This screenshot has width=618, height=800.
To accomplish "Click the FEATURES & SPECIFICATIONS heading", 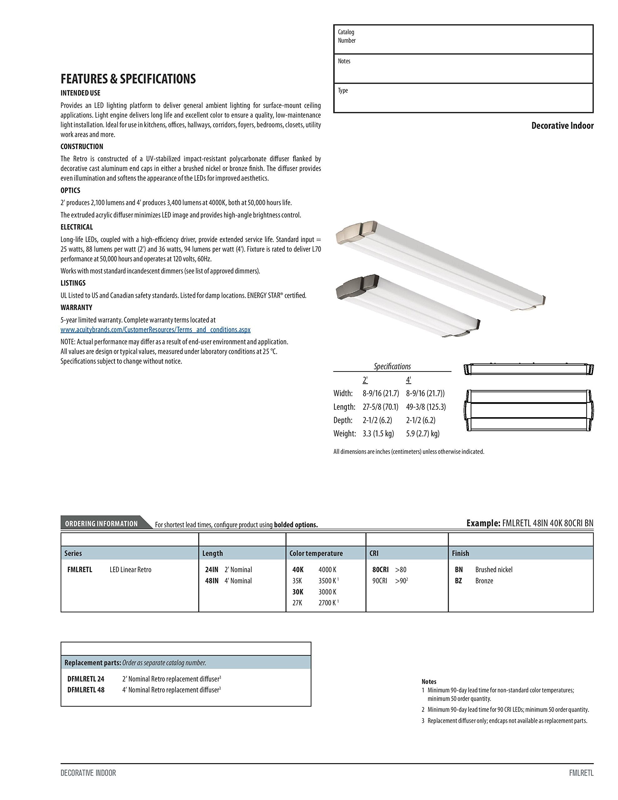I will pyautogui.click(x=128, y=79).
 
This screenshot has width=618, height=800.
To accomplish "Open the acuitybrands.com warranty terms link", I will pyautogui.click(x=155, y=330).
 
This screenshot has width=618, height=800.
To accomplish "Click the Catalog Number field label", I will pyautogui.click(x=346, y=36).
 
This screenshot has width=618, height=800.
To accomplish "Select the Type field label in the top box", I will pyautogui.click(x=343, y=91).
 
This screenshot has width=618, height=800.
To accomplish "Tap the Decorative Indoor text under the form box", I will pyautogui.click(x=562, y=126).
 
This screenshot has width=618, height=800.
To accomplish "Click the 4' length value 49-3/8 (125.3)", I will pyautogui.click(x=426, y=407).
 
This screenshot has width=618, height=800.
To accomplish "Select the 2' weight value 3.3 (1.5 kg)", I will pyautogui.click(x=378, y=434).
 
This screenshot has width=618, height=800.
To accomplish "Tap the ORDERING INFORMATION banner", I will pyautogui.click(x=102, y=523).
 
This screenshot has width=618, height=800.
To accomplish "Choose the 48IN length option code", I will pyautogui.click(x=212, y=581).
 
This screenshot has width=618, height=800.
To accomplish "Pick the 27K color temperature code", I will pyautogui.click(x=297, y=602).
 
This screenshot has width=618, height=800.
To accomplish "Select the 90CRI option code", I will pyautogui.click(x=380, y=581).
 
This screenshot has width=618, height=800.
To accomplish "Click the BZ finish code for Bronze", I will pyautogui.click(x=458, y=581).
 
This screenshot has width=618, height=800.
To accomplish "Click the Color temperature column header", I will pyautogui.click(x=316, y=553).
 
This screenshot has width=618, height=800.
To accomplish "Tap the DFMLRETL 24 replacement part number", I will pyautogui.click(x=86, y=679).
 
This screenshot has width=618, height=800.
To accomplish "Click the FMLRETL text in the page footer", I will pyautogui.click(x=581, y=773).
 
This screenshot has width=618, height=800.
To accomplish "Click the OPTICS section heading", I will pyautogui.click(x=70, y=191).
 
